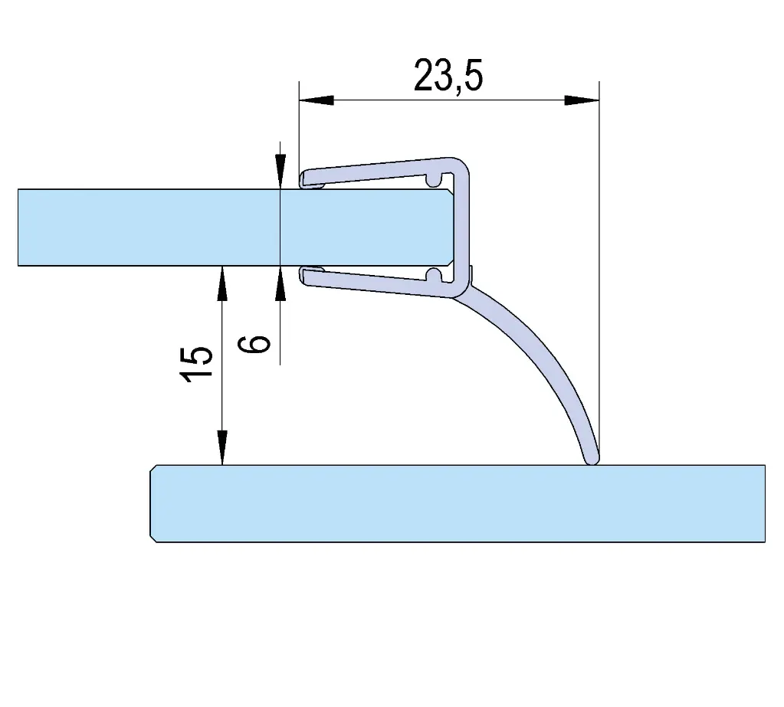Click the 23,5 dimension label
pos(448,75)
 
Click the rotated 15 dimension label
pos(196,363)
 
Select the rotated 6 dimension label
pos(254,344)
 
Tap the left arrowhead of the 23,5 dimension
pos(316,100)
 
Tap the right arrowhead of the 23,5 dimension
pos(582,100)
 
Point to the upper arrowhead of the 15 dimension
pos(222,283)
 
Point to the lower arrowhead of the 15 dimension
pos(222,447)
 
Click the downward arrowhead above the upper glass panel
pos(280,172)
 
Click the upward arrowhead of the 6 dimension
pos(280,283)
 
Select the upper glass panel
pos(235,227)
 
